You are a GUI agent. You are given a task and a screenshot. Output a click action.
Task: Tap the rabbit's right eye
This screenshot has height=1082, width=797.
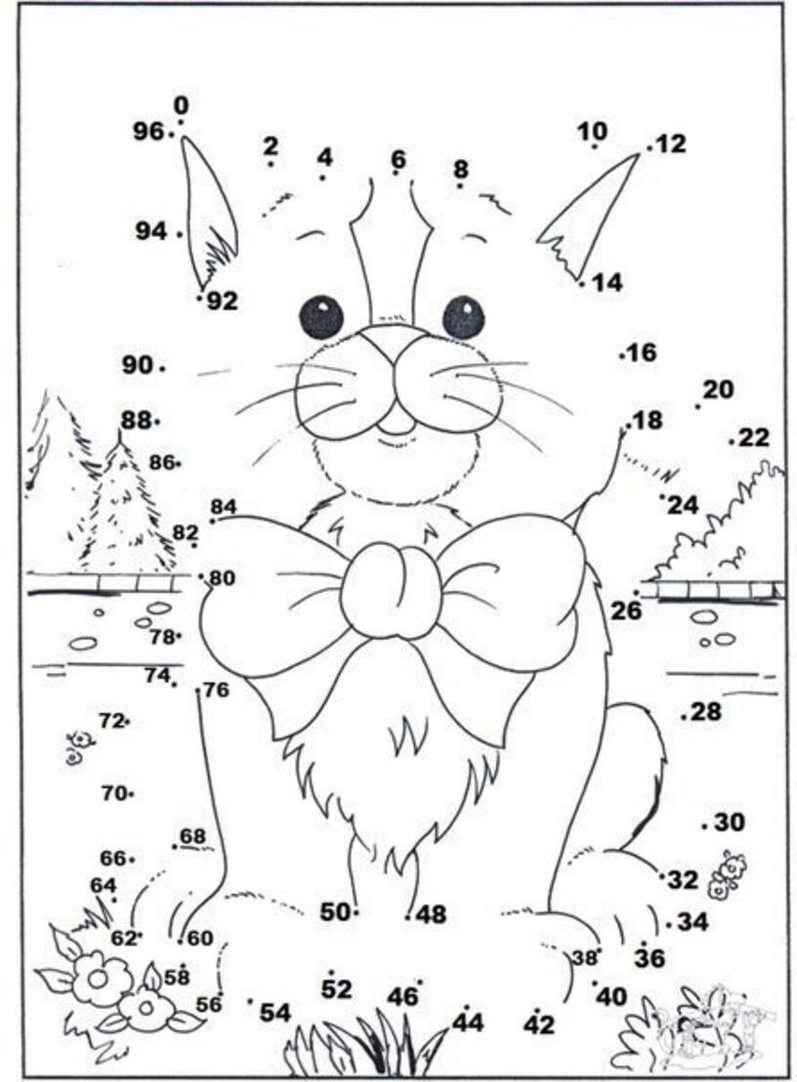tap(464, 316)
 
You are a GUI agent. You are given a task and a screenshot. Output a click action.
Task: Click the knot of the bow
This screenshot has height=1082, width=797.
tap(392, 589)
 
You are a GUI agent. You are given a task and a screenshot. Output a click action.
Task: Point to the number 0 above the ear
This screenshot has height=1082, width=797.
tap(181, 105)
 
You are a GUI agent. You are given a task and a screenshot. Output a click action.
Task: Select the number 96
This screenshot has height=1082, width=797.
tap(149, 131)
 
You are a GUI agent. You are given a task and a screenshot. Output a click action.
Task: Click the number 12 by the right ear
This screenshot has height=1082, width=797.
tap(671, 144)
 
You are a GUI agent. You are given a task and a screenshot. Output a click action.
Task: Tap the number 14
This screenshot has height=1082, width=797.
tap(608, 282)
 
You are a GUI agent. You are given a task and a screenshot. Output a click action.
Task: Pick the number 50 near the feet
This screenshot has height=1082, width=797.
tap(335, 912)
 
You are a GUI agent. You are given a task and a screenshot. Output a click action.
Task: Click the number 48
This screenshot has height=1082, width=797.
tap(432, 915)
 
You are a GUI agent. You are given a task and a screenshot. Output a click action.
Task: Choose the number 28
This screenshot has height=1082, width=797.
tap(705, 712)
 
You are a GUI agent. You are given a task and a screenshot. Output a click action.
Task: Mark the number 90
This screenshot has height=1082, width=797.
tap(138, 364)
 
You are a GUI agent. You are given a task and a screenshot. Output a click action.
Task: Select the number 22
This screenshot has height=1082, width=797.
tap(753, 437)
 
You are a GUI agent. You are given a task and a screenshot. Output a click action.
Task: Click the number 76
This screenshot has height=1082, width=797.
tap(217, 689)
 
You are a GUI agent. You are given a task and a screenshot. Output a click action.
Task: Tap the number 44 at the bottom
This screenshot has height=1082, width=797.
tap(469, 1022)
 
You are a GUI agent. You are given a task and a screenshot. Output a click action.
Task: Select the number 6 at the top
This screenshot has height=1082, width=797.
tap(398, 159)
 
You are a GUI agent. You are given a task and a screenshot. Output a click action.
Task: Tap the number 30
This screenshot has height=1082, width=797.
tap(730, 822)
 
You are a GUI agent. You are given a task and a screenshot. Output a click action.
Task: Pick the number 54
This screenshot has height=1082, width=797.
tap(275, 1013)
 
